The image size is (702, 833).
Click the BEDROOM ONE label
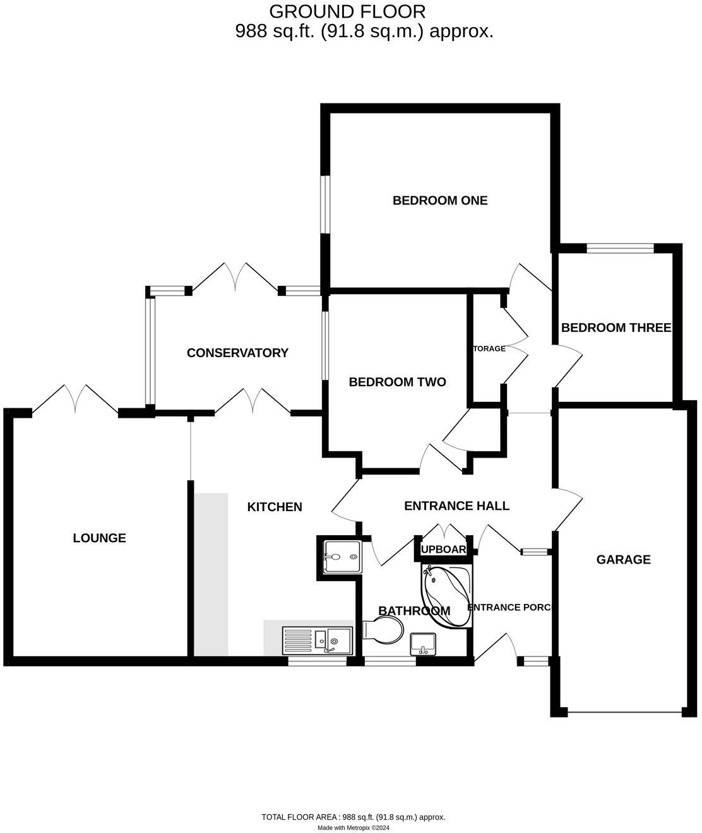tap(440, 201)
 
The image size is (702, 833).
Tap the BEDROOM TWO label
tap(397, 382)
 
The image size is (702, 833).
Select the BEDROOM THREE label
tap(616, 328)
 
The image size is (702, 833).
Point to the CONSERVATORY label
tap(237, 353)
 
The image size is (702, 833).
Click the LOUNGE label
tap(100, 538)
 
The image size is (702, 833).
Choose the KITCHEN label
tap(275, 507)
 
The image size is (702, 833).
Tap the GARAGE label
tap(624, 559)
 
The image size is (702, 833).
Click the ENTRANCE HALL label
tap(456, 505)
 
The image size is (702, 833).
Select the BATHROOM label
tap(413, 610)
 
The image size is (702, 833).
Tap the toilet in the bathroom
tap(384, 630)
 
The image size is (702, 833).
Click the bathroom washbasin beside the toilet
tap(423, 644)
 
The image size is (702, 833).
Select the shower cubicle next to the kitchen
tap(342, 557)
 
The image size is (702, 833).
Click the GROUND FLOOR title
tap(347, 11)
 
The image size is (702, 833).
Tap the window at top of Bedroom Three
tap(621, 249)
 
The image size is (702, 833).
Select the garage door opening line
tap(624, 712)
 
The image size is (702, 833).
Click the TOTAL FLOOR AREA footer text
tap(354, 817)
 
